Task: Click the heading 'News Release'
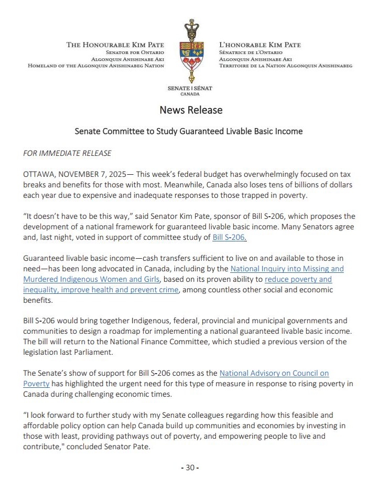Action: (x=191, y=110)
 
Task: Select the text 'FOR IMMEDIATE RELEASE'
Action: (x=68, y=153)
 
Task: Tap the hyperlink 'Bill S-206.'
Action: (x=229, y=237)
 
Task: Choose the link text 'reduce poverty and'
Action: (x=298, y=279)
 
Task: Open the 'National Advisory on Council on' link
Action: (x=274, y=373)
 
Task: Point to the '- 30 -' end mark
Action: (x=190, y=468)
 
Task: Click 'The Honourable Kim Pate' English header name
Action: (x=115, y=45)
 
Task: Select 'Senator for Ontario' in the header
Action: (x=135, y=53)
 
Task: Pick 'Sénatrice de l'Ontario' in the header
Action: (x=251, y=53)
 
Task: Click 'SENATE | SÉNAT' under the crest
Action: (x=190, y=89)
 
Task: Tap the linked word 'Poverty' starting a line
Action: (x=36, y=384)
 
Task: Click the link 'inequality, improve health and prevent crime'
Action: (x=101, y=290)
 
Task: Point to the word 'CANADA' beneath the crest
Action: (x=190, y=94)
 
